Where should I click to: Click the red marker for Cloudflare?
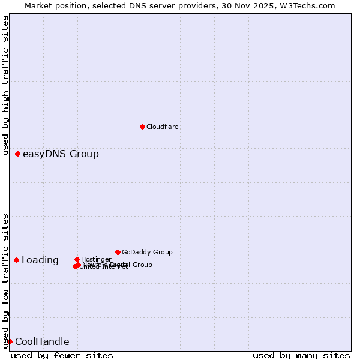[142, 127]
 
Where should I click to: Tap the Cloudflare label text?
[162, 127]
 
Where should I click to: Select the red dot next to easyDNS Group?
[18, 154]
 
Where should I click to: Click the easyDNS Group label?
[61, 154]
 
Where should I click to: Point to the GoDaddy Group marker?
[118, 252]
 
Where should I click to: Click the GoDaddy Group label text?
[147, 252]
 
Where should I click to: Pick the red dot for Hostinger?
[77, 259]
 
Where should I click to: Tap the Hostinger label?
[96, 259]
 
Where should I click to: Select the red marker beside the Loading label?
[16, 260]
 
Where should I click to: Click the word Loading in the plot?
[40, 260]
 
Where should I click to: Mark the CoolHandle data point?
[10, 341]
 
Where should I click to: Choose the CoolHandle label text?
[42, 342]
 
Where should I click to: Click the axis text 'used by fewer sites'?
[62, 355]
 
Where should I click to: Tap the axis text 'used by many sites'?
[301, 355]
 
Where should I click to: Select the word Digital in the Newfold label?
[121, 265]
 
